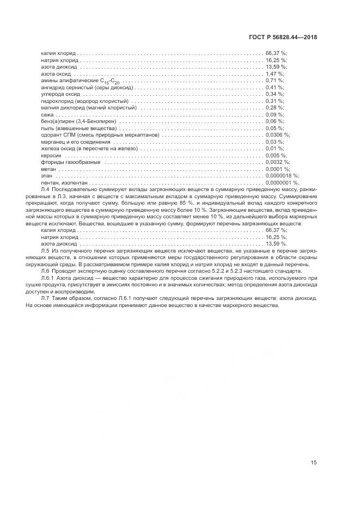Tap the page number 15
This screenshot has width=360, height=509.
[313, 463]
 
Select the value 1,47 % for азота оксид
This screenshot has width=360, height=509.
[274, 73]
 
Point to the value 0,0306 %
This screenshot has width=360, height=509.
[278, 135]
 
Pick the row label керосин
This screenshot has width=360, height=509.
[51, 156]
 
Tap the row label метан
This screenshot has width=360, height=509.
[49, 169]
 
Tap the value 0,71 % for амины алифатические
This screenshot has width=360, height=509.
[274, 81]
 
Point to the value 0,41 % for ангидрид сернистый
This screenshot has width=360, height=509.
[274, 87]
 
